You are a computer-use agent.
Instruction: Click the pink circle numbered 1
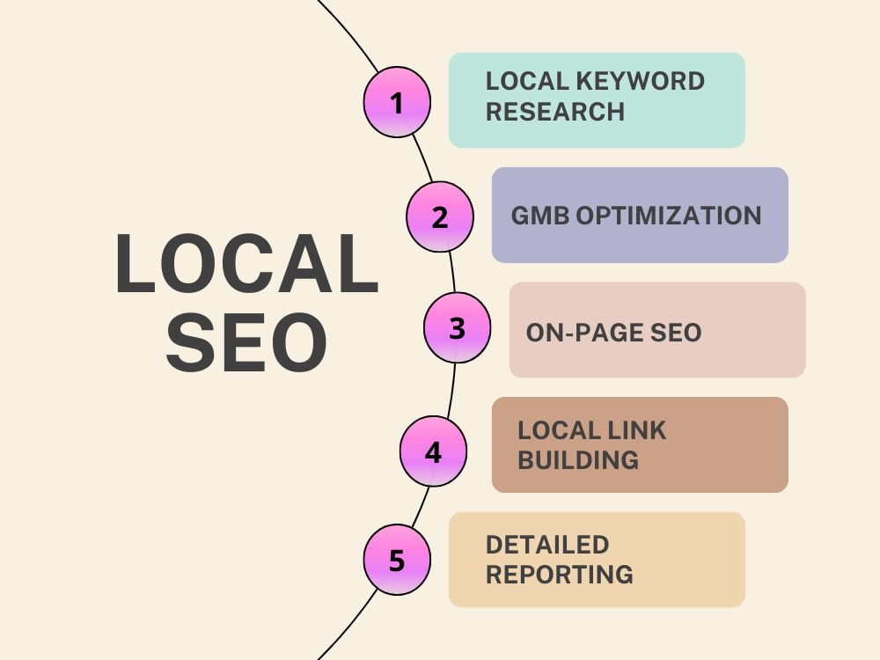397,102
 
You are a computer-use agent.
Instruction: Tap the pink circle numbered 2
440,216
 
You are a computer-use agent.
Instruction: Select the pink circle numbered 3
457,327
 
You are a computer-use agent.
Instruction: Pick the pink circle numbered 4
433,451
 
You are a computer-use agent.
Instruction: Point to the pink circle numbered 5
397,560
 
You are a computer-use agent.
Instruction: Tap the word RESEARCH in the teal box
555,111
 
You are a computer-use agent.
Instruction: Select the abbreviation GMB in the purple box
540,216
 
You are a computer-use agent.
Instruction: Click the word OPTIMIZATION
669,216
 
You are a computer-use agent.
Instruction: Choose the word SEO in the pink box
676,333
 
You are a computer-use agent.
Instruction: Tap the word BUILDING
578,460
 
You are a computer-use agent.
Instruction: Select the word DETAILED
547,545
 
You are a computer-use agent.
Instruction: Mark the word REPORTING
560,575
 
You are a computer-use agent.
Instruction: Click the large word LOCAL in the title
247,264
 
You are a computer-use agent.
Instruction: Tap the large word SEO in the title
246,342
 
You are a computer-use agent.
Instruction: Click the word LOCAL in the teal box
527,81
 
